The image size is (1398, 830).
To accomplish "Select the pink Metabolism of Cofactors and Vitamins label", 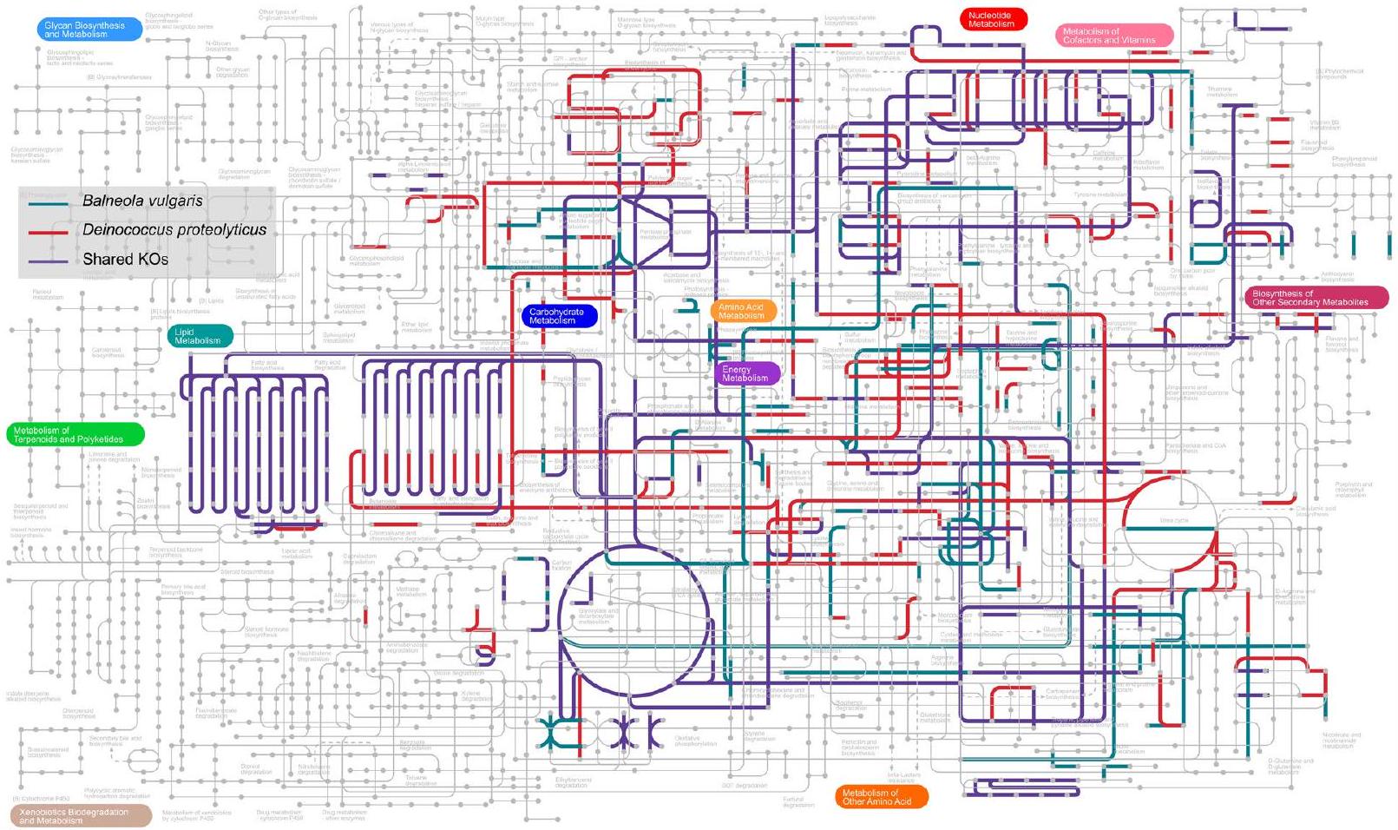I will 1113,36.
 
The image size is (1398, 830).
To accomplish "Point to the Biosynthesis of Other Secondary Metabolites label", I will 1316,298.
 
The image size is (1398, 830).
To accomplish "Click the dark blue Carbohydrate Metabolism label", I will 559,316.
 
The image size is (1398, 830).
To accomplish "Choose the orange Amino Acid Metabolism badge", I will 743,311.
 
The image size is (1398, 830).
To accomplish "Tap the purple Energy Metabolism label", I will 747,374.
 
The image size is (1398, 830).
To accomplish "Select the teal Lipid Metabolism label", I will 200,336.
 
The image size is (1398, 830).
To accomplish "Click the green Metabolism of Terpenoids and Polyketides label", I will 74,435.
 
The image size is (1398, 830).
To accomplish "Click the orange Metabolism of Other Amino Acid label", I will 880,797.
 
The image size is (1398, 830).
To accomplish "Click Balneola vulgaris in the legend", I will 142,201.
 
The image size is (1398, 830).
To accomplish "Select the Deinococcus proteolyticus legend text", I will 174,230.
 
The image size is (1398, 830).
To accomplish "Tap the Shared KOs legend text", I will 125,259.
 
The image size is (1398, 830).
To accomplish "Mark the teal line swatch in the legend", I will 49,203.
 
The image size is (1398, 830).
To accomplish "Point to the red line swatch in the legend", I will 49,233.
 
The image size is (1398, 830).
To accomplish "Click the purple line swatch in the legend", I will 49,260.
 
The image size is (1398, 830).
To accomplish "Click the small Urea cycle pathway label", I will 1174,520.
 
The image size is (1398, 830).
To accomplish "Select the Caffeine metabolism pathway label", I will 1104,155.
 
